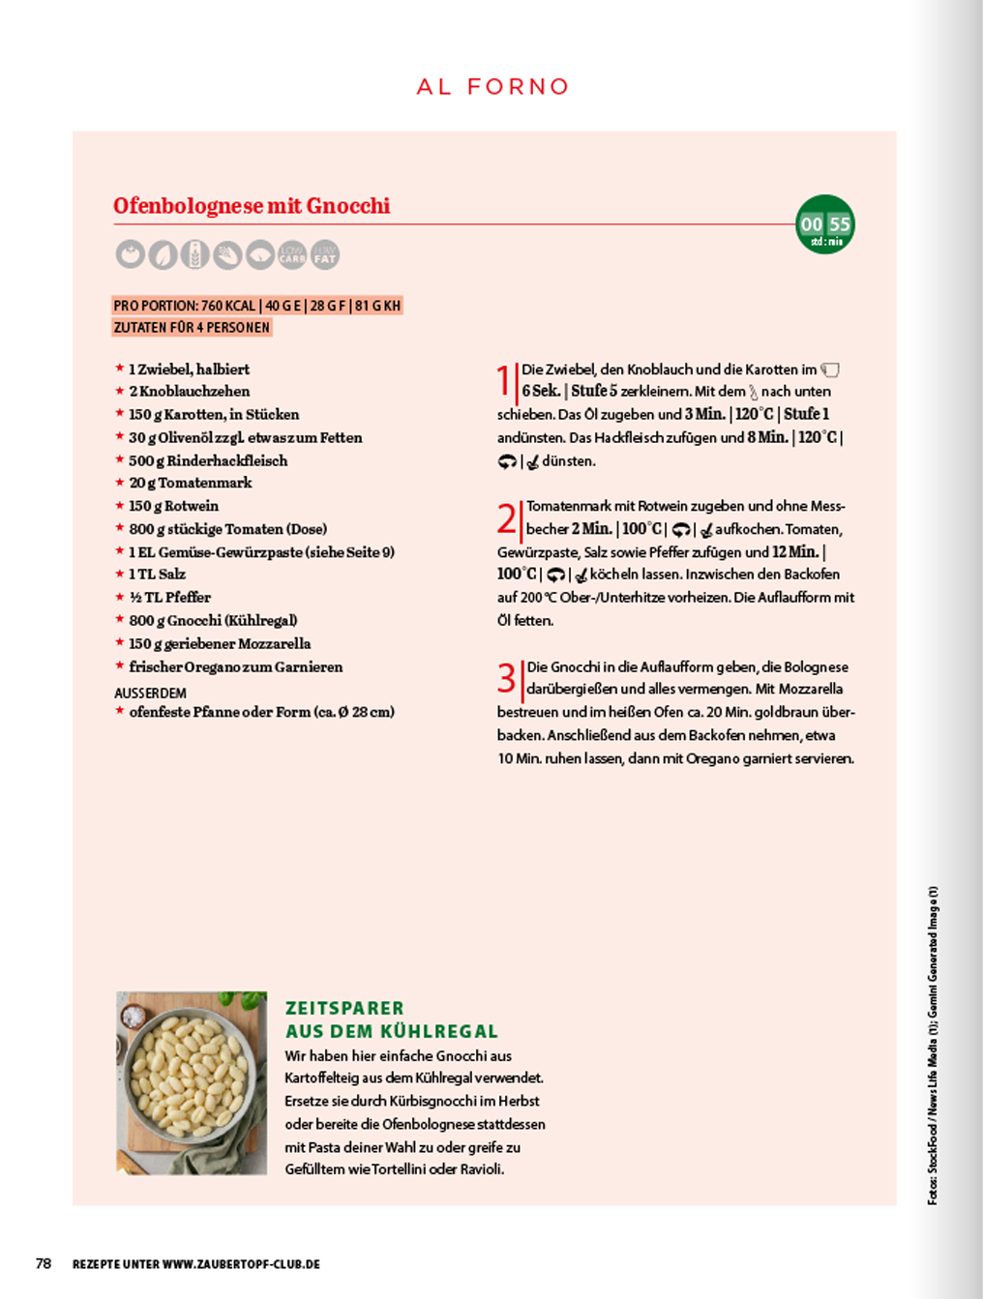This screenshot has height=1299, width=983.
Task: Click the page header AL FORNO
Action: pyautogui.click(x=492, y=87)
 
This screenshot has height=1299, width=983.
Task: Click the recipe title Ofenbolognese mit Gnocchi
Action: pyautogui.click(x=252, y=206)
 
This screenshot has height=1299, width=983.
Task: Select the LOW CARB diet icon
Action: pyautogui.click(x=292, y=254)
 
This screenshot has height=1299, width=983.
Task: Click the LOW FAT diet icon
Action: pyautogui.click(x=325, y=254)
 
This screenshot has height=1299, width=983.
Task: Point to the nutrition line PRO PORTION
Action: pyautogui.click(x=256, y=306)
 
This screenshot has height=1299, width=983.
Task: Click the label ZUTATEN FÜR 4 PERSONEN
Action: pyautogui.click(x=192, y=328)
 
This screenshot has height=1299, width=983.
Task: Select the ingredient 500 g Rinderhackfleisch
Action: pyautogui.click(x=208, y=460)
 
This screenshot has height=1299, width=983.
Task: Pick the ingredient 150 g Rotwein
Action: pyautogui.click(x=174, y=506)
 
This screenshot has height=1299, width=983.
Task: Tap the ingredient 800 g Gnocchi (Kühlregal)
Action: pyautogui.click(x=213, y=620)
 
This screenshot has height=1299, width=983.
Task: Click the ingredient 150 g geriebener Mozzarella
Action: pyautogui.click(x=220, y=643)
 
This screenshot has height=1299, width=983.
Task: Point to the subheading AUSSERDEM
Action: pyautogui.click(x=150, y=694)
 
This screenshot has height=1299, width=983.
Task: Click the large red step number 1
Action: pyautogui.click(x=503, y=380)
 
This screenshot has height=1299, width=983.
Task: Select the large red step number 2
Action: pyautogui.click(x=507, y=518)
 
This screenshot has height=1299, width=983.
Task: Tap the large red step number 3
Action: pyautogui.click(x=507, y=678)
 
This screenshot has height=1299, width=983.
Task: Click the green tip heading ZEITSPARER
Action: pyautogui.click(x=344, y=1008)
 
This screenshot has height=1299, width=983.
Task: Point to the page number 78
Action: pyautogui.click(x=44, y=1263)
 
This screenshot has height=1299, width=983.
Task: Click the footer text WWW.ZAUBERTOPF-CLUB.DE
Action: pyautogui.click(x=241, y=1264)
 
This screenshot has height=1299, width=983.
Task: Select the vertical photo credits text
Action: pyautogui.click(x=933, y=1045)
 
